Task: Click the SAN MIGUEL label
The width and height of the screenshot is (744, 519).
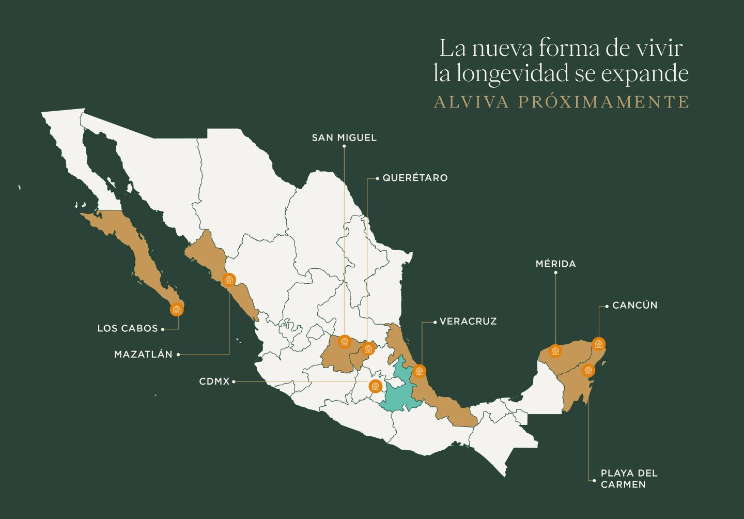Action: [344, 138]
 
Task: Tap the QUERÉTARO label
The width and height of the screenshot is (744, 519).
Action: [414, 178]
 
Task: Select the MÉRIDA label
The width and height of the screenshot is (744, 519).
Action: [555, 264]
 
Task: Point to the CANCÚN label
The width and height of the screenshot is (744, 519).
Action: [634, 306]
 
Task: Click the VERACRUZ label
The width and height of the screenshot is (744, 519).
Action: [468, 322]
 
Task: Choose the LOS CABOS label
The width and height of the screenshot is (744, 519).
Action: [128, 328]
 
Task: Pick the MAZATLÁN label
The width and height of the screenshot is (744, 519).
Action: [143, 355]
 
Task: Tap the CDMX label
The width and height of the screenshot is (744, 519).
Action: [214, 381]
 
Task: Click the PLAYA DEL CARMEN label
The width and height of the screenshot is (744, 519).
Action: [628, 479]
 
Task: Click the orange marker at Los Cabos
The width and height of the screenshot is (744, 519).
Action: [177, 310]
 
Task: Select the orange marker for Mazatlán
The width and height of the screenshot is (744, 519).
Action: [228, 280]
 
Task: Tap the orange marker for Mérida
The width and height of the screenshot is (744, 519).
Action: [555, 352]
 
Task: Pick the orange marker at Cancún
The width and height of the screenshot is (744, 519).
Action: [598, 344]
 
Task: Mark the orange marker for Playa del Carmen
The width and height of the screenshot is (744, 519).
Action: [588, 371]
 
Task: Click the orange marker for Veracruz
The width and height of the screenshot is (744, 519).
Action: [419, 371]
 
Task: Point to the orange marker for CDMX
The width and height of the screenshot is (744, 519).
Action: [376, 386]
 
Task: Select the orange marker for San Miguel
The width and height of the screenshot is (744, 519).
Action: [344, 341]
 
